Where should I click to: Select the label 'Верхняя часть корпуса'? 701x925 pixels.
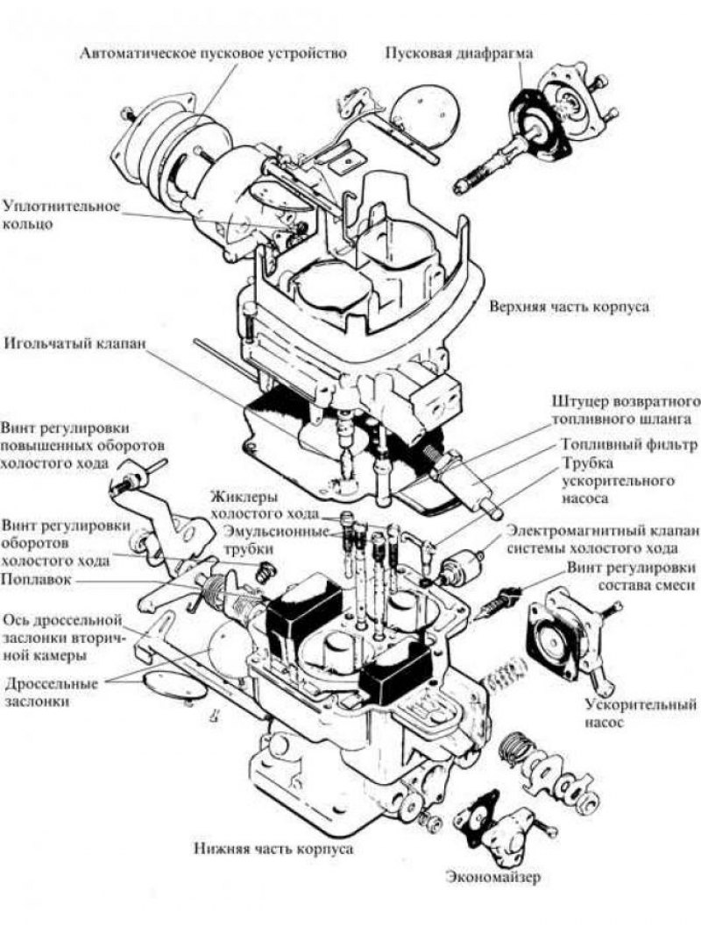point(570,308)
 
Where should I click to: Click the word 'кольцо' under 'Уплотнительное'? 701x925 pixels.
point(27,224)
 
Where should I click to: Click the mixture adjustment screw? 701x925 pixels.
point(505,601)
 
